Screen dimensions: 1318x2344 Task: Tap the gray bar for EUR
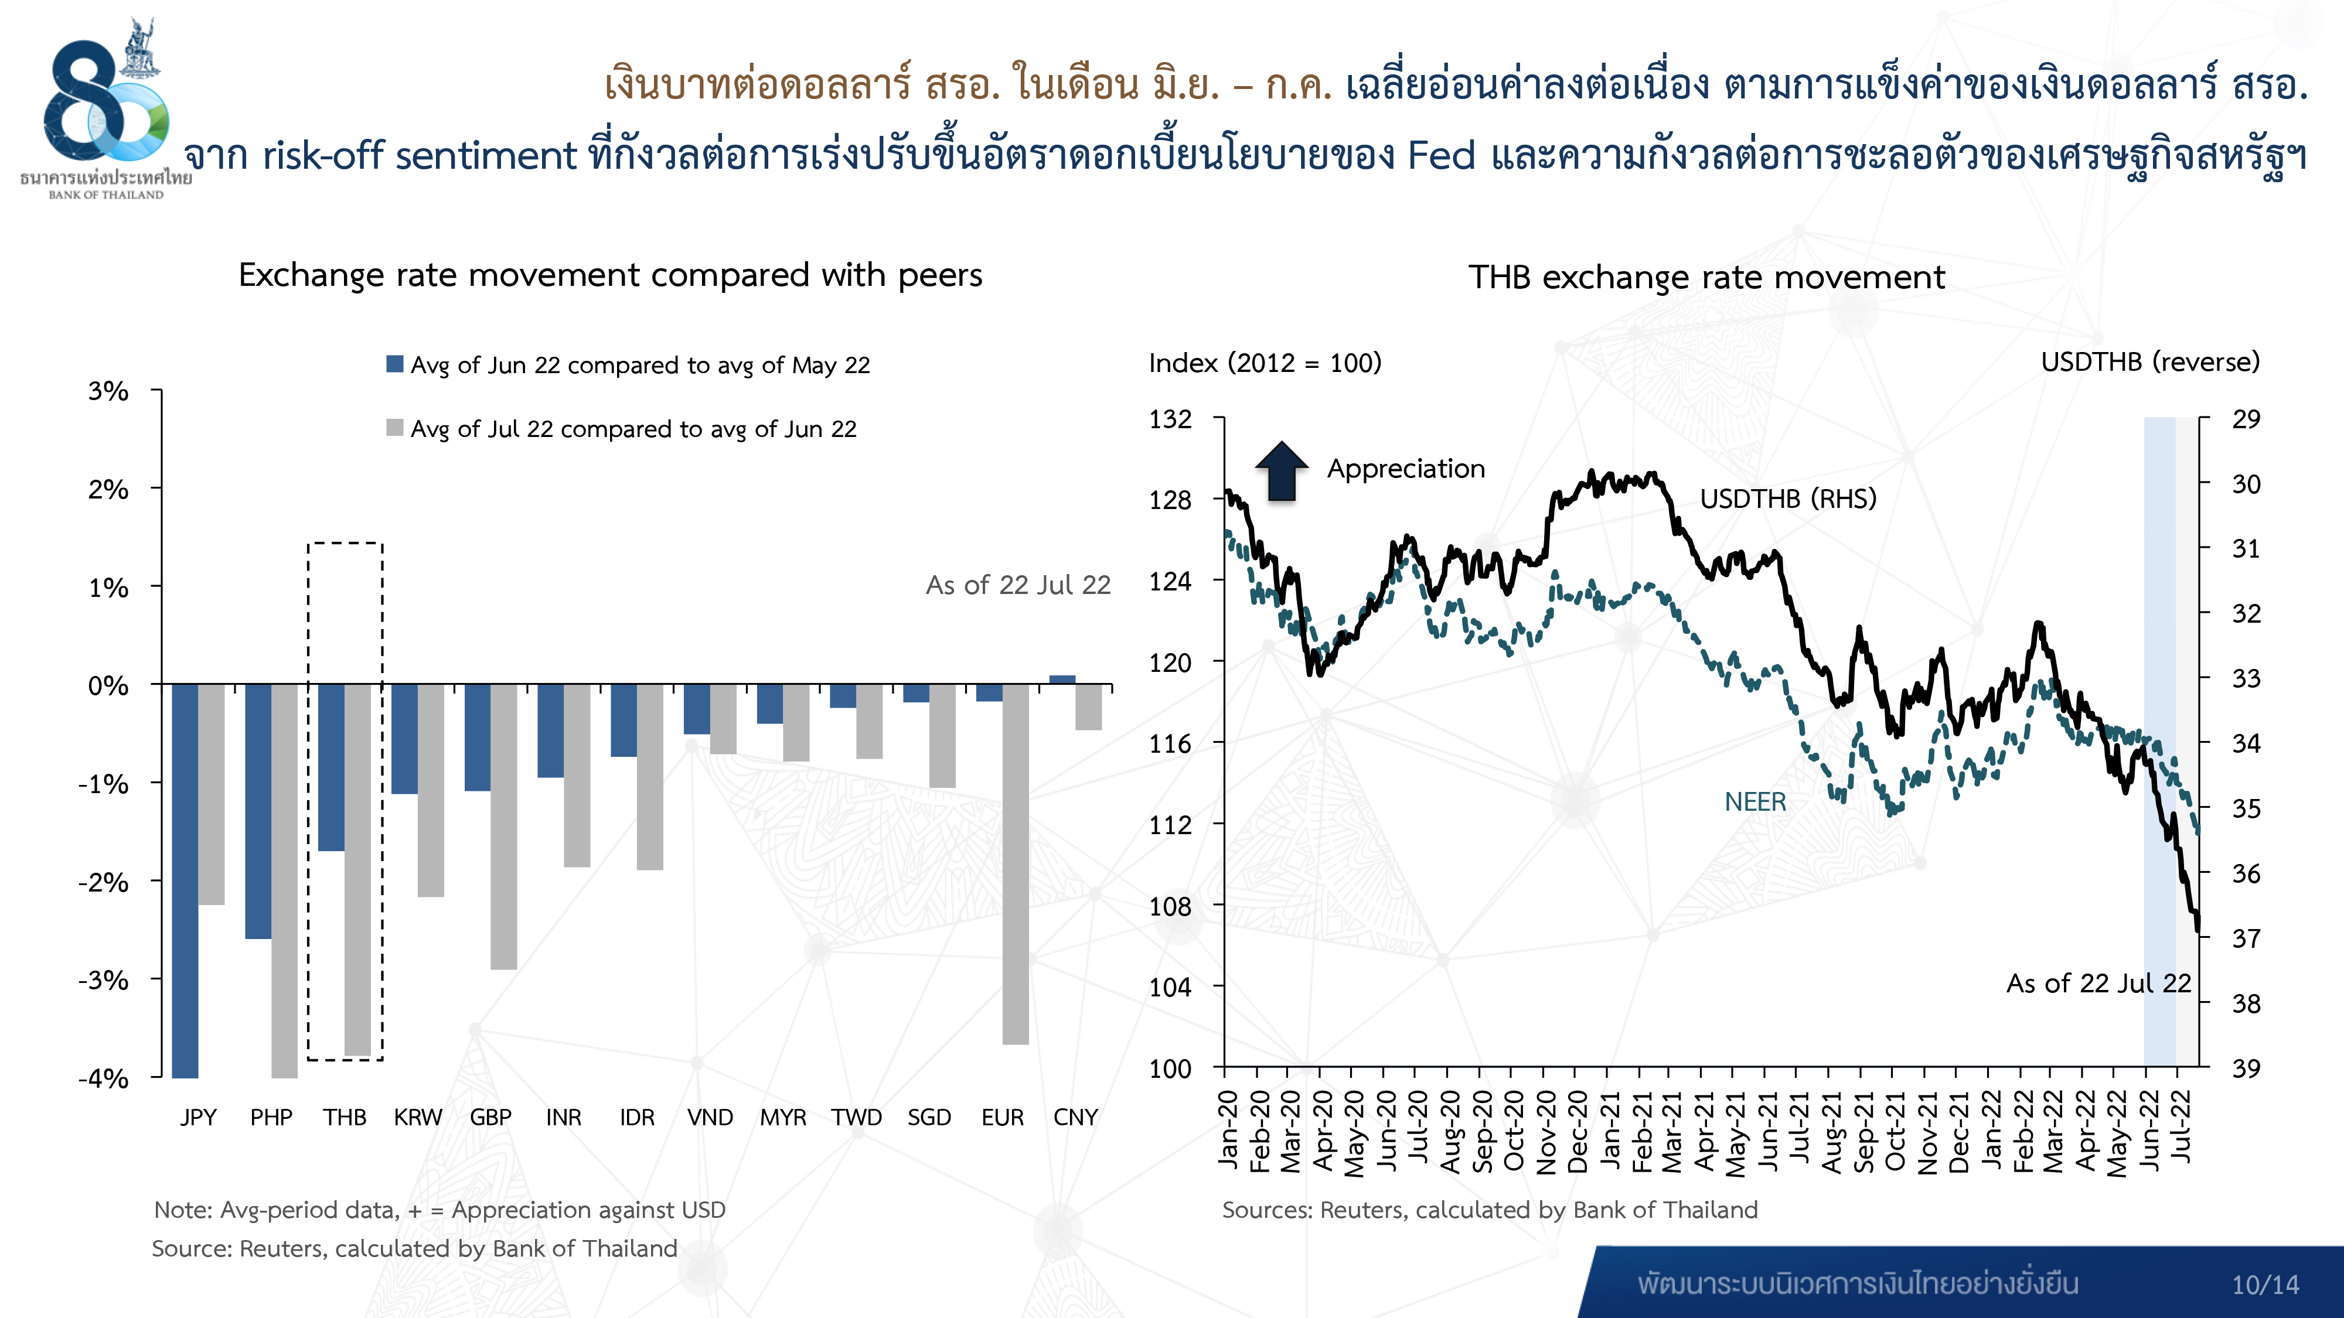click(x=1016, y=863)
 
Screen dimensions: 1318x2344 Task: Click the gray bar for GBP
click(x=504, y=826)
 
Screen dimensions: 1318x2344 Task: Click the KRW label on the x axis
click(x=418, y=1117)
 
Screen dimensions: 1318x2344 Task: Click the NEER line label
click(x=1755, y=801)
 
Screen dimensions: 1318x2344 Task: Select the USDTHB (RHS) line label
click(x=1788, y=498)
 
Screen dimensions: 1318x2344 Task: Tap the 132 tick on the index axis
click(x=1170, y=419)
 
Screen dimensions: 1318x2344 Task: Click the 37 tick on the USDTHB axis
click(x=2246, y=938)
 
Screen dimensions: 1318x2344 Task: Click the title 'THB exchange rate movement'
click(x=1706, y=276)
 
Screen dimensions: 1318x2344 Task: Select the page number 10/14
click(x=2265, y=1285)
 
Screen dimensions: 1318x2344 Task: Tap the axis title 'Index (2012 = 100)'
click(x=1265, y=363)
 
